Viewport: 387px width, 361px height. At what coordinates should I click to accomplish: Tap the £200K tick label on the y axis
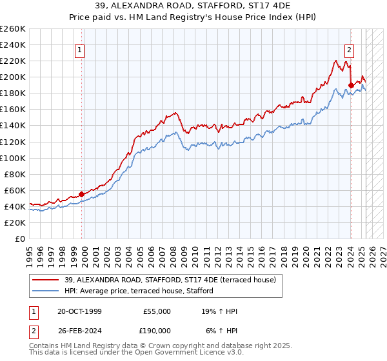(x=14, y=77)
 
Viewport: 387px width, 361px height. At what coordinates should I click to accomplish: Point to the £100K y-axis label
(x=14, y=158)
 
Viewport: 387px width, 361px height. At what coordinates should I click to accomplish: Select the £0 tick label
(x=21, y=239)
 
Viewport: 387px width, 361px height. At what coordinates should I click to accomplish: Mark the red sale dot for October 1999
(x=82, y=194)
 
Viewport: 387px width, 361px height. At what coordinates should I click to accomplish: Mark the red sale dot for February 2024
(x=351, y=84)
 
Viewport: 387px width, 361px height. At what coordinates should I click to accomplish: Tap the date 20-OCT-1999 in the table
(x=79, y=311)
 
